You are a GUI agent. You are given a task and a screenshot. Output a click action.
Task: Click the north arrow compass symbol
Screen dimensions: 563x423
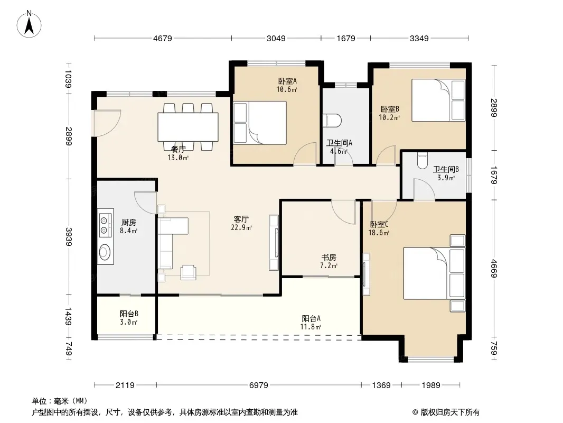29,24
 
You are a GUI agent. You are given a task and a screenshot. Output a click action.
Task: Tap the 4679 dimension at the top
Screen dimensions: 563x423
163,38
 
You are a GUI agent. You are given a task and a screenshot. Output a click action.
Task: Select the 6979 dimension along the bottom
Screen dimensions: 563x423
258,385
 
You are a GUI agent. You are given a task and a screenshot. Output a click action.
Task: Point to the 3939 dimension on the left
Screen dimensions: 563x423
68,236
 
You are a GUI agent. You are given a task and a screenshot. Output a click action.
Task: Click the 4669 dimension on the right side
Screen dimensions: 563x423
494,269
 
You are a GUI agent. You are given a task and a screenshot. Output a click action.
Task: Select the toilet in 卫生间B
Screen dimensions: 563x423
423,161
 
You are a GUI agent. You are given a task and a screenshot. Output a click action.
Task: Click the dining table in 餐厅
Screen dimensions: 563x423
188,127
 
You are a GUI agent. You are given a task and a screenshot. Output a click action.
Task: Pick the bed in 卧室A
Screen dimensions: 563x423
260,123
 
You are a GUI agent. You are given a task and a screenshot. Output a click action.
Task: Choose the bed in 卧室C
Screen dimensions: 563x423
434,273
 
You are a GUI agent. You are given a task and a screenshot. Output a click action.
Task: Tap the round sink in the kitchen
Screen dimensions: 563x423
105,252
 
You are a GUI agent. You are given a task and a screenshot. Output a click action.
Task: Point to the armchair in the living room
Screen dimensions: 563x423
188,272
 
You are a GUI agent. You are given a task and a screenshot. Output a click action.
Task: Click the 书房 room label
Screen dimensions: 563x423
329,258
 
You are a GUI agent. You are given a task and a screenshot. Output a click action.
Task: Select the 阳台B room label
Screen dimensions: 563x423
129,314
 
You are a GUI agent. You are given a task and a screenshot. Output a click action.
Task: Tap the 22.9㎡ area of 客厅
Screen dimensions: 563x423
241,227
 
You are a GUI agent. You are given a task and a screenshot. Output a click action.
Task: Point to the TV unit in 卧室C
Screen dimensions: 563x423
366,274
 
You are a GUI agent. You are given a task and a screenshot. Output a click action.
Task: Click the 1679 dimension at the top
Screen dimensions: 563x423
346,38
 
